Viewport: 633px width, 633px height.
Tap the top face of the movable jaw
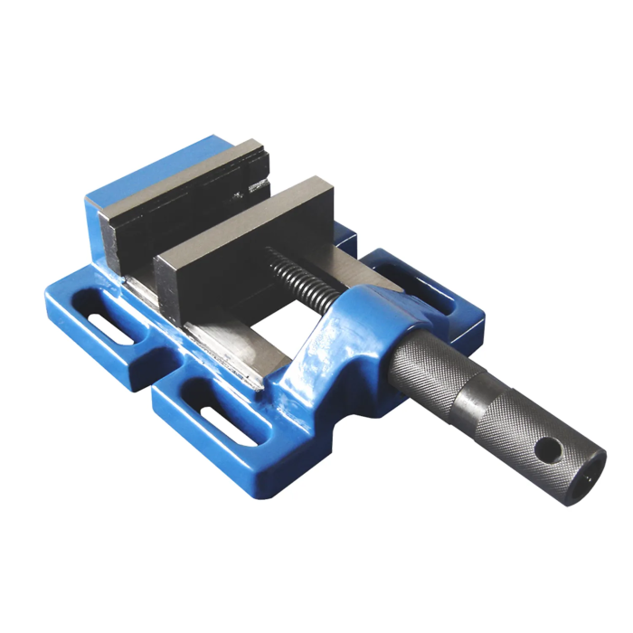[244, 217]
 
